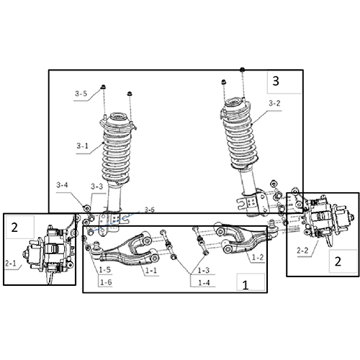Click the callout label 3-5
click(x=81, y=94)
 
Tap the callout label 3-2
click(x=274, y=104)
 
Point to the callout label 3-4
click(x=63, y=185)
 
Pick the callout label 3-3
click(x=97, y=186)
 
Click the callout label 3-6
click(x=149, y=210)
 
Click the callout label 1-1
click(x=150, y=271)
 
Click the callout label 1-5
click(x=105, y=271)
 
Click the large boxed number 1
click(x=245, y=284)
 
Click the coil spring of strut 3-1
click(x=114, y=151)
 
